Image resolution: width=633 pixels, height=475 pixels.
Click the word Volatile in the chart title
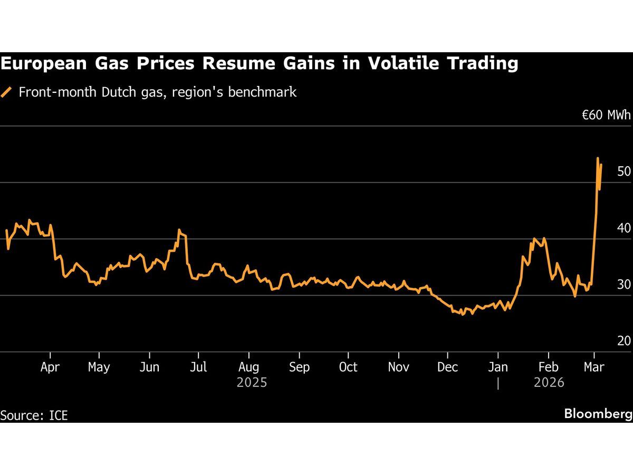point(395,63)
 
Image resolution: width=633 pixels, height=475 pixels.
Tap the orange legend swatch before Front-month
point(6,92)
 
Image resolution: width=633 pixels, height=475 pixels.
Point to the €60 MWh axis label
point(606,115)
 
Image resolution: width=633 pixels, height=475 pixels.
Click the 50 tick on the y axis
point(624,172)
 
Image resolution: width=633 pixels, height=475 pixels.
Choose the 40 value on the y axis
point(624,228)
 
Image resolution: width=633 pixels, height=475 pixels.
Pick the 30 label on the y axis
point(624,284)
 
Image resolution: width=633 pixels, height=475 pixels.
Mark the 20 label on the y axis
point(624,341)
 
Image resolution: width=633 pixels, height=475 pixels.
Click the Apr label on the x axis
point(50,367)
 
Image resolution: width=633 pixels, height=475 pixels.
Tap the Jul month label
point(198,367)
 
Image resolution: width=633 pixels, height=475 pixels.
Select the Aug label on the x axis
point(248,367)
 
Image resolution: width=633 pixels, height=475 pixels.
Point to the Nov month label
point(399,367)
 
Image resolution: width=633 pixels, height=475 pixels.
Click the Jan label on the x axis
point(498,367)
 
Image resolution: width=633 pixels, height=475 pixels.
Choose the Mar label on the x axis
point(594,367)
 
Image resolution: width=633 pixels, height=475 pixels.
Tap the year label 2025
point(252,382)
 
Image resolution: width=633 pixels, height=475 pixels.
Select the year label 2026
point(549,382)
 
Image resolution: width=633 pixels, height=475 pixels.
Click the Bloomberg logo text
point(598,414)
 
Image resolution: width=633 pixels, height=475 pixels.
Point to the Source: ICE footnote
point(34,415)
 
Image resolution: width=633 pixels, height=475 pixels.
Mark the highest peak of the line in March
point(597,158)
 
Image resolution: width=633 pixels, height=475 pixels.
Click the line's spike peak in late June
point(179,230)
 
